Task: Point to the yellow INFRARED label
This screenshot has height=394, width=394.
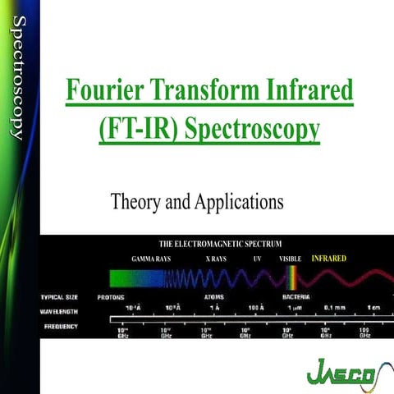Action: (x=328, y=258)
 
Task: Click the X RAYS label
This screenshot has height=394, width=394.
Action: (x=218, y=259)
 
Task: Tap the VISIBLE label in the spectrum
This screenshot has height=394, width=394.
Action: (x=291, y=259)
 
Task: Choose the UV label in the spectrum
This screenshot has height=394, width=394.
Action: (x=257, y=259)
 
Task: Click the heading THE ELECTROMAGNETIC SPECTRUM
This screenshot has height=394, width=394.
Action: (x=220, y=244)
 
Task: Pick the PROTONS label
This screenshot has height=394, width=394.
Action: (x=112, y=295)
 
